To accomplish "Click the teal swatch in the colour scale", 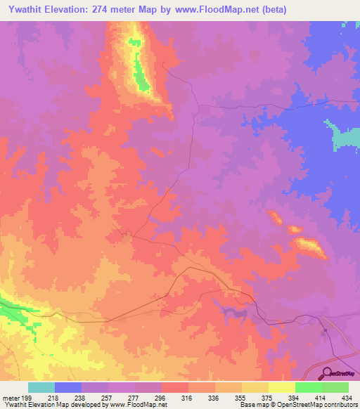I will (41, 387).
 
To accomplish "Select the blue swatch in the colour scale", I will (68, 387).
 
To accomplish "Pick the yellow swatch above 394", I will (282, 387).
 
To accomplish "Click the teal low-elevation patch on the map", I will (344, 137).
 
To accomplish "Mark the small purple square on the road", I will (326, 330).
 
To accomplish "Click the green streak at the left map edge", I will (14, 309).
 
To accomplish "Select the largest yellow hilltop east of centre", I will (309, 245).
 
